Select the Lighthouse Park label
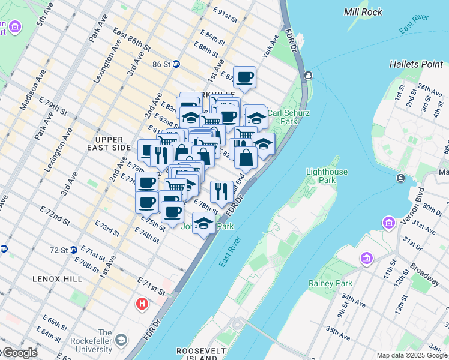tap(327, 176)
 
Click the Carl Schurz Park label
tap(282, 116)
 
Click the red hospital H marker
tap(142, 304)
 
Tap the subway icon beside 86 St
tap(176, 64)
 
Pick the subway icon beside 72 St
tap(73, 250)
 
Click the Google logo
tap(19, 353)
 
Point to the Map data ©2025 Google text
tap(412, 355)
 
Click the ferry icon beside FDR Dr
tap(308, 75)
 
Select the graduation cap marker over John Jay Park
tap(204, 223)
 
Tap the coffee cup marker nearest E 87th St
tap(244, 77)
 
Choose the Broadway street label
tap(424, 272)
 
